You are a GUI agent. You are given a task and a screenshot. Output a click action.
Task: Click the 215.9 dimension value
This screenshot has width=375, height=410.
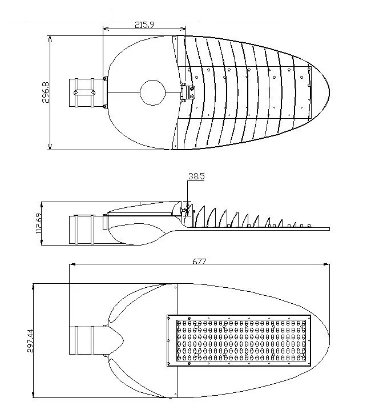pyautogui.click(x=144, y=25)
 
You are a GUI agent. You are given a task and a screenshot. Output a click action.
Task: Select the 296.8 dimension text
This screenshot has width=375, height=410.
pyautogui.click(x=46, y=93)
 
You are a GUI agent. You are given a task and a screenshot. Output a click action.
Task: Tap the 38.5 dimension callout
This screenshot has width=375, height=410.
pyautogui.click(x=196, y=176)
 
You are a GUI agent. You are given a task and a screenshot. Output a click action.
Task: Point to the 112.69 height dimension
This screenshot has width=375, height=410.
pyautogui.click(x=38, y=224)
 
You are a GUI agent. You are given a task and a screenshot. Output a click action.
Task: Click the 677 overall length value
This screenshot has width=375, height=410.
pyautogui.click(x=199, y=261)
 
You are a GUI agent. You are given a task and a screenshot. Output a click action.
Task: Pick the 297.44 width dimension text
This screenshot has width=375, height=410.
pyautogui.click(x=31, y=340)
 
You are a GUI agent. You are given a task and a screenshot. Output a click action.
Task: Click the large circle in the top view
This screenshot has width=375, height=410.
pyautogui.click(x=153, y=93)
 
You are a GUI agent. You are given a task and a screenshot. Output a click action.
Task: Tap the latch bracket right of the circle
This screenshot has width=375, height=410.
pyautogui.click(x=188, y=93)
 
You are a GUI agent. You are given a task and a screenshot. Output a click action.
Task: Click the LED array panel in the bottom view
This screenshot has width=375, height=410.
pyautogui.click(x=239, y=340)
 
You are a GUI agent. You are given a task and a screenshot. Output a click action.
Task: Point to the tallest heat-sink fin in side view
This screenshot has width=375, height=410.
pyautogui.click(x=200, y=216)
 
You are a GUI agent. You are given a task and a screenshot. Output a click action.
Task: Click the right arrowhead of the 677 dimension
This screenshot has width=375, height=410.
pyautogui.click(x=326, y=264)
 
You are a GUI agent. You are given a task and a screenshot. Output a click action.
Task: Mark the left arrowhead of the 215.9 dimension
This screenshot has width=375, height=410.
pyautogui.click(x=106, y=28)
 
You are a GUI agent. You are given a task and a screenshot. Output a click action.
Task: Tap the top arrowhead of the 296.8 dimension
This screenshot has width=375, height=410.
pyautogui.click(x=50, y=39)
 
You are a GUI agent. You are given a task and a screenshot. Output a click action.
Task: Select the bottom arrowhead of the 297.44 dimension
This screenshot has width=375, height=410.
pyautogui.click(x=33, y=395)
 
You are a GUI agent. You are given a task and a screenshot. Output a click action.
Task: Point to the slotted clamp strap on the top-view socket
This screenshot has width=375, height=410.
pyautogui.click(x=84, y=93)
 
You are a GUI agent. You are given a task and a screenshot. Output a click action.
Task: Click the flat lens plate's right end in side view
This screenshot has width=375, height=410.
pyautogui.click(x=329, y=229)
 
